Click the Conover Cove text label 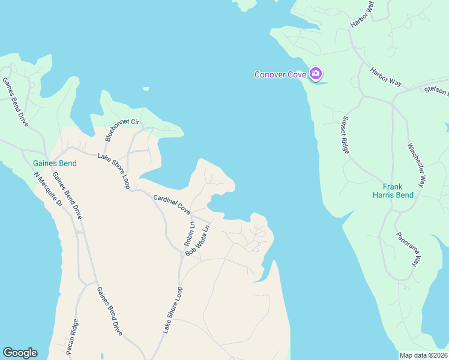tap(280, 74)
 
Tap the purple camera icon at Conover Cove tap(316, 74)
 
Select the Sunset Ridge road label tap(346, 134)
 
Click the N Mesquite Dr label tap(48, 190)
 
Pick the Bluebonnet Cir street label tap(122, 130)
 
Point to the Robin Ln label tap(188, 234)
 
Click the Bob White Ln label tap(199, 241)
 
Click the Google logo tap(20, 353)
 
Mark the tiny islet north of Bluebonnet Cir tap(146, 89)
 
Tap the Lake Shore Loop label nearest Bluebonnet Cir tap(114, 171)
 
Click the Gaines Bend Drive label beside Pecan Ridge tap(109, 311)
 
